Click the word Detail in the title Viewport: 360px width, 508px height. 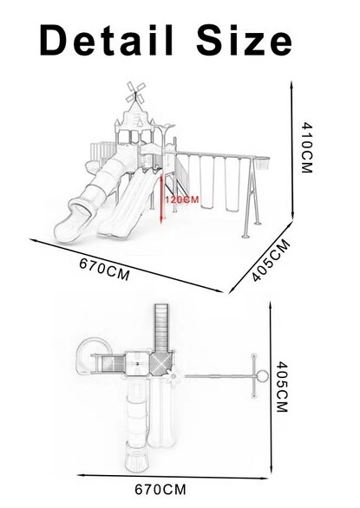[x=107, y=40]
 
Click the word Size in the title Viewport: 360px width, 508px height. [x=244, y=40]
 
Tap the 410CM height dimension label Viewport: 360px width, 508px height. [x=306, y=147]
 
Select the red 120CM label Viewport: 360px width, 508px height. [x=182, y=199]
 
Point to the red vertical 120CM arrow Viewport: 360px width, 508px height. [x=161, y=199]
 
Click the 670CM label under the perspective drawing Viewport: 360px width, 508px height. [x=104, y=269]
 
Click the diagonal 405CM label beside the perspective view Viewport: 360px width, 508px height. [x=271, y=260]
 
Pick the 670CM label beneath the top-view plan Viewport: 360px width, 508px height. [x=160, y=489]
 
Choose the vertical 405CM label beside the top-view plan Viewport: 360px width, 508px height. [x=282, y=387]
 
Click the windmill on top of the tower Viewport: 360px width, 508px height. [x=135, y=93]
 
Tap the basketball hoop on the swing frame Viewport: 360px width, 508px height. [x=262, y=163]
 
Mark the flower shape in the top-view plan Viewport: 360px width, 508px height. [x=174, y=376]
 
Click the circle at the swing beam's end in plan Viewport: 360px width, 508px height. [x=262, y=376]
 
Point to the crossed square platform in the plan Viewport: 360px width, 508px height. [x=161, y=363]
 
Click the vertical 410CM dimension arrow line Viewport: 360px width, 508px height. [x=292, y=150]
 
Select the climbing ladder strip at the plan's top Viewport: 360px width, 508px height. [x=161, y=328]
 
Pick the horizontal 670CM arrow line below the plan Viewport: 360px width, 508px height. [x=173, y=477]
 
